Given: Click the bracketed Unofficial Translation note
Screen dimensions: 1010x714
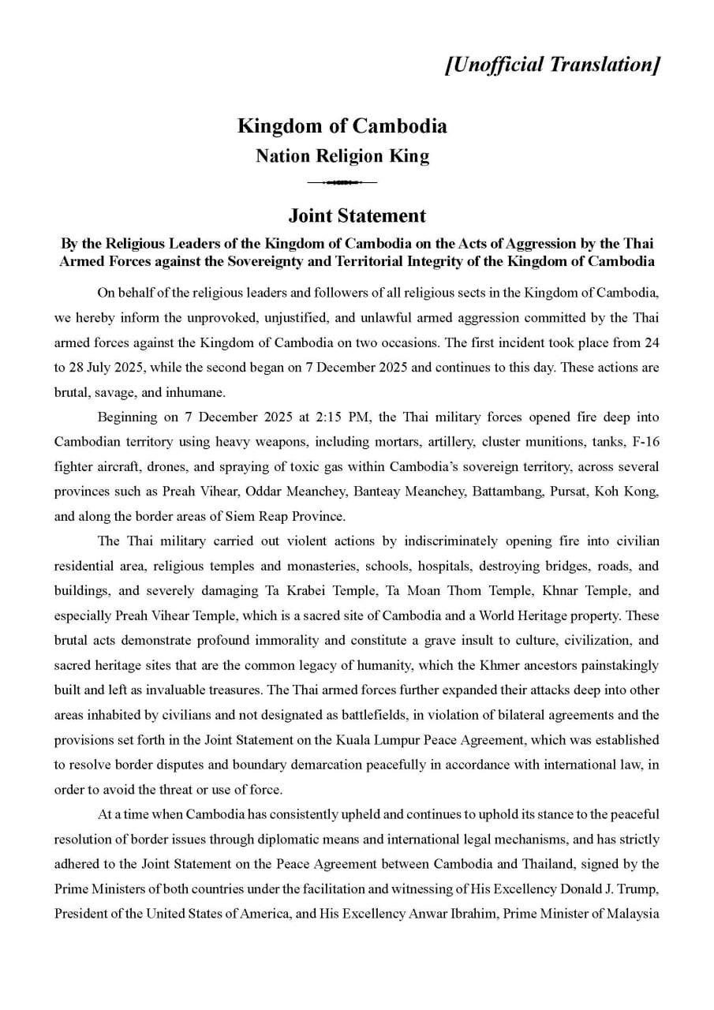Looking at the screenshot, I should [x=551, y=65].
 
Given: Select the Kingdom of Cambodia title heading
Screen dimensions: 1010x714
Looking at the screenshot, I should [x=342, y=125].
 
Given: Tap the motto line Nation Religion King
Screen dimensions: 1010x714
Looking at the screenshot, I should [x=342, y=156].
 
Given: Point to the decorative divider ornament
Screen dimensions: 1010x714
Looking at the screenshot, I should [x=342, y=183].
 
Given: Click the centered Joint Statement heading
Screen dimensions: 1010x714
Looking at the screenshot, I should [x=357, y=215].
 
